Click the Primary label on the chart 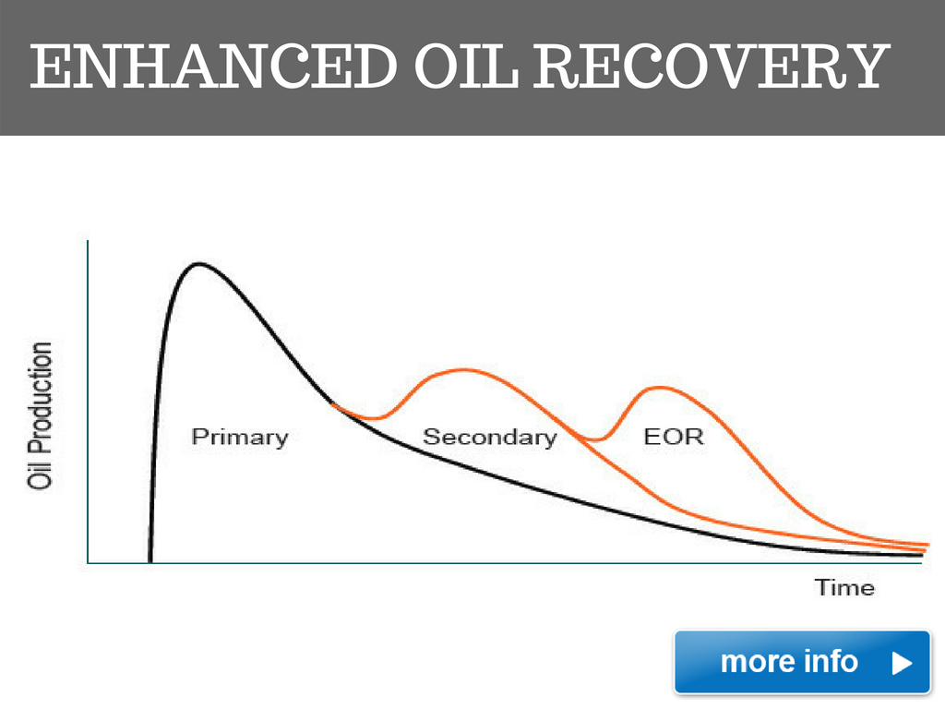pyautogui.click(x=240, y=437)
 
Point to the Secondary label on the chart pyautogui.click(x=489, y=437)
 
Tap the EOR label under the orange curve pyautogui.click(x=673, y=437)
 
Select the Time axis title pyautogui.click(x=844, y=587)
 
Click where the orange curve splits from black pyautogui.click(x=334, y=405)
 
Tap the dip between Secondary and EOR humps pyautogui.click(x=595, y=440)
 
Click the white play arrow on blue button pyautogui.click(x=902, y=662)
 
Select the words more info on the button pyautogui.click(x=789, y=661)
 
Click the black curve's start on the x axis pyautogui.click(x=150, y=561)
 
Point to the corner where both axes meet pyautogui.click(x=89, y=562)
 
